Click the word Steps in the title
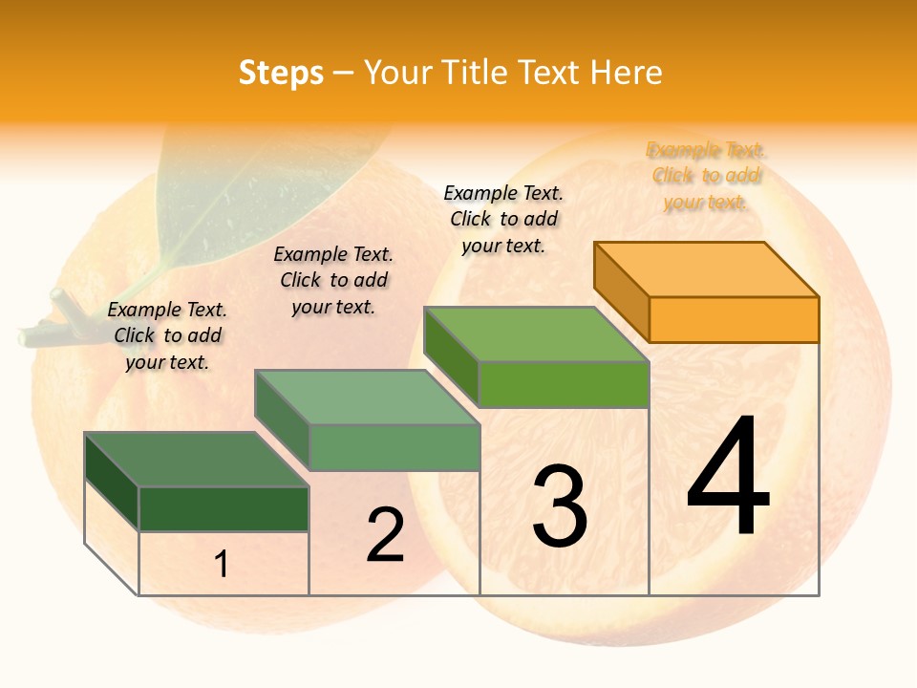pos(280,73)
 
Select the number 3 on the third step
pos(559,506)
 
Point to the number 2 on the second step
pos(385,535)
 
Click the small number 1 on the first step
pos(221,565)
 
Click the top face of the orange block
pos(707,269)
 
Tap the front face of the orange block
pos(734,319)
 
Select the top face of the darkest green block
pos(196,459)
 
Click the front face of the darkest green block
pos(224,508)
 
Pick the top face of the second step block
pos(367,397)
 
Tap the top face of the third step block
pos(537,334)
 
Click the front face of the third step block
pos(564,384)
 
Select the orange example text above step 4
pos(706,176)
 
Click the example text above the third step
pos(503,219)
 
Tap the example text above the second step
pos(333,280)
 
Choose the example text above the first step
pos(167,335)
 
